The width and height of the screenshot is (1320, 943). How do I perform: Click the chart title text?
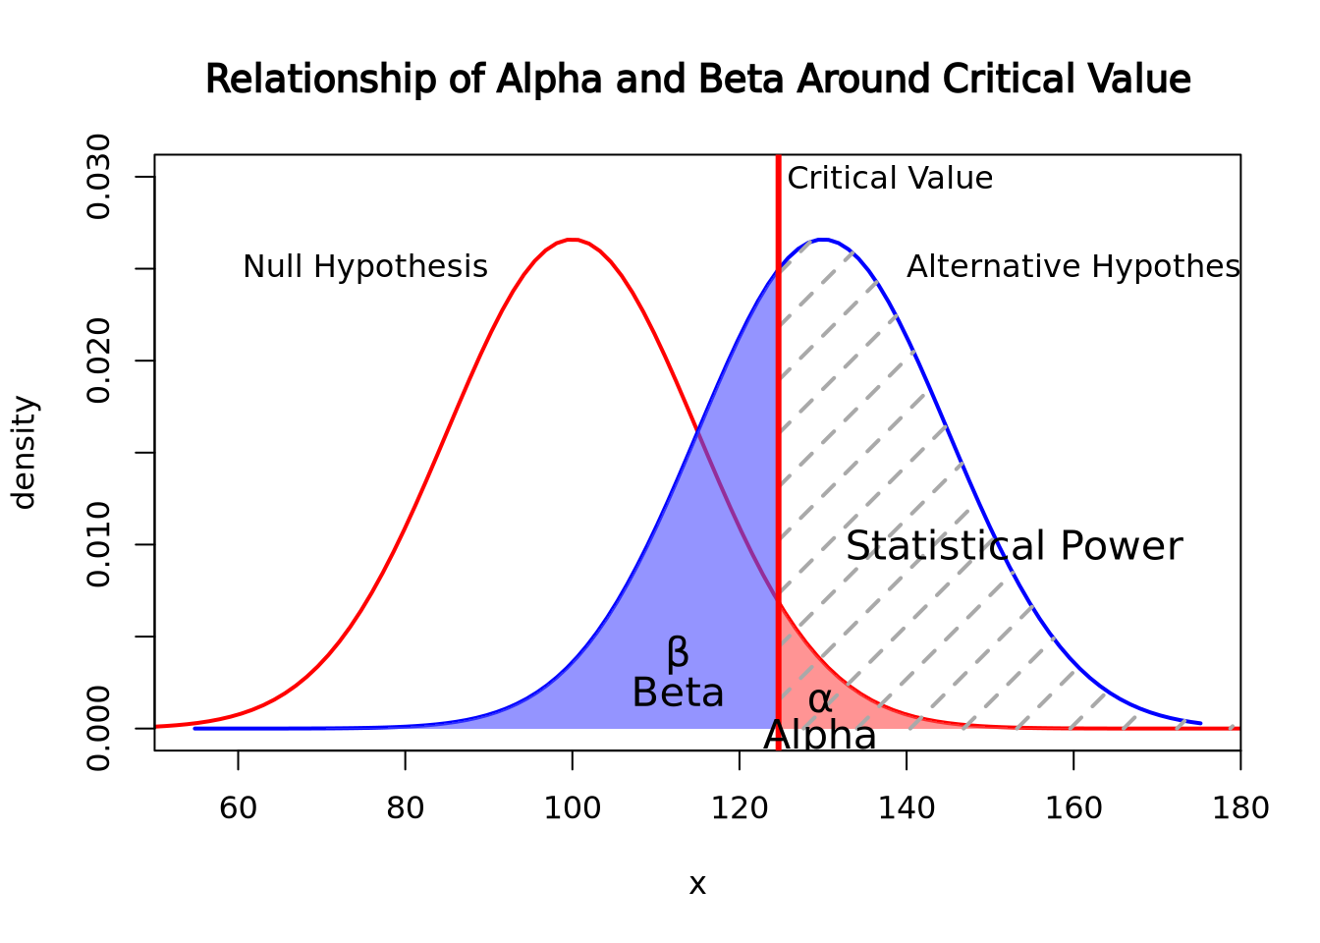point(697,80)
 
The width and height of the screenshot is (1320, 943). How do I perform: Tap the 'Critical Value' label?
point(890,178)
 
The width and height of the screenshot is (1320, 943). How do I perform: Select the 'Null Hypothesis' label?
point(364,266)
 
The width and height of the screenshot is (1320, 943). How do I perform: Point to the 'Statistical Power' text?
point(1014,546)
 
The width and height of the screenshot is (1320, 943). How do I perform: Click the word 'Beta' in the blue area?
point(678,693)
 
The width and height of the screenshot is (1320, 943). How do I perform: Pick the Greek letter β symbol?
point(678,653)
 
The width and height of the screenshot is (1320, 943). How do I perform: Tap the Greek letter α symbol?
point(820,700)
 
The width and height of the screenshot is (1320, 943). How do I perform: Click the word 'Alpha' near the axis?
point(819,736)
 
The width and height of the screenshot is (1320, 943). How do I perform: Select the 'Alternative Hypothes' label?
point(1072,266)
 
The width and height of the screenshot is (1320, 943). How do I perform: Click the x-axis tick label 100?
point(573,808)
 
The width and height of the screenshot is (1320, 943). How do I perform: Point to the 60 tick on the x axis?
point(238,808)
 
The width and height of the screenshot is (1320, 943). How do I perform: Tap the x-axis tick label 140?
point(907,808)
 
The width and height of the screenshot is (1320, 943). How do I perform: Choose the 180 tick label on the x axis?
point(1240,808)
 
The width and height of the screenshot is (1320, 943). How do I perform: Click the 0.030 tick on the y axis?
point(98,177)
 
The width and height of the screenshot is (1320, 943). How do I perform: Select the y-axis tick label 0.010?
point(98,544)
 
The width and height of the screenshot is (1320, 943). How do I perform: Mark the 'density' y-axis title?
point(24,453)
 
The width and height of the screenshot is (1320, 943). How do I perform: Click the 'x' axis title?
point(697,885)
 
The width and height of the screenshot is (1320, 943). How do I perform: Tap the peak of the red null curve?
point(573,239)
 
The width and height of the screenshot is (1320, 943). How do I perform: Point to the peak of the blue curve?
point(823,239)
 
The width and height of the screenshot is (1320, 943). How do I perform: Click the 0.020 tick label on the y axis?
point(98,361)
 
